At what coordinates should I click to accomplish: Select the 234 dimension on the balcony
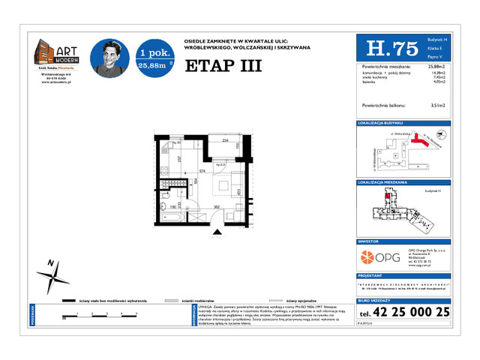pos(224,140)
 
